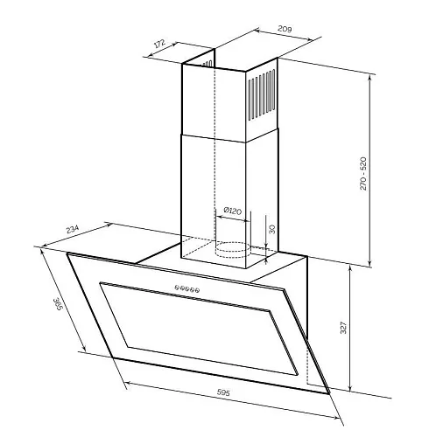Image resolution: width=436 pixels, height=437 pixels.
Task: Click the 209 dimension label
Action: pos(285,29)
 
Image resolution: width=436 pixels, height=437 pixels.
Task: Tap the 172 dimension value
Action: pos(159,43)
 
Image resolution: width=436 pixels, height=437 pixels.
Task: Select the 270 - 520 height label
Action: pos(362,174)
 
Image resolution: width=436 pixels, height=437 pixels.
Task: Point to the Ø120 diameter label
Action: pos(233,211)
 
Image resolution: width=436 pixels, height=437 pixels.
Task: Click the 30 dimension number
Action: pos(271,229)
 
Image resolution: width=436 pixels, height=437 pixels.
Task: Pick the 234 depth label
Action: pos(73,229)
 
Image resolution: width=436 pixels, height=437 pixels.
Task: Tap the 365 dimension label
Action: pos(58,304)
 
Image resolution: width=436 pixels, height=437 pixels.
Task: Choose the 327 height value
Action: pos(343,328)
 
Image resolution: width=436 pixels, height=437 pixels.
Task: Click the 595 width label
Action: pos(223,392)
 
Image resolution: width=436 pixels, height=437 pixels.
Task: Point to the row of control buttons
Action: pos(187,288)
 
